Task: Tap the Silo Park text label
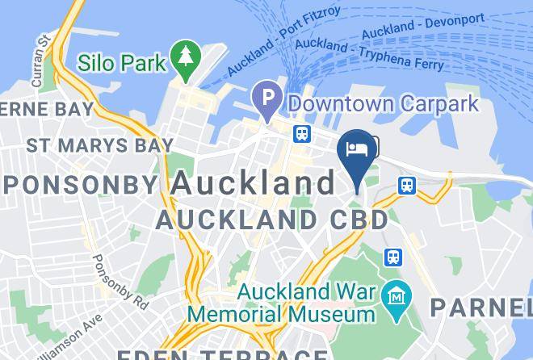[x=123, y=62]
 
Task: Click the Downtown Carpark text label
[x=383, y=104]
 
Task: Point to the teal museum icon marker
[x=397, y=293]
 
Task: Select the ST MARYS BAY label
[x=99, y=145]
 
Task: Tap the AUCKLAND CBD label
[x=271, y=219]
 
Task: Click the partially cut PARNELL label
[x=480, y=307]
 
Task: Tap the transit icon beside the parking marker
[x=302, y=132]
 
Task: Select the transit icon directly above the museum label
[x=392, y=257]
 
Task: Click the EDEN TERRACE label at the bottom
[x=222, y=354]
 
